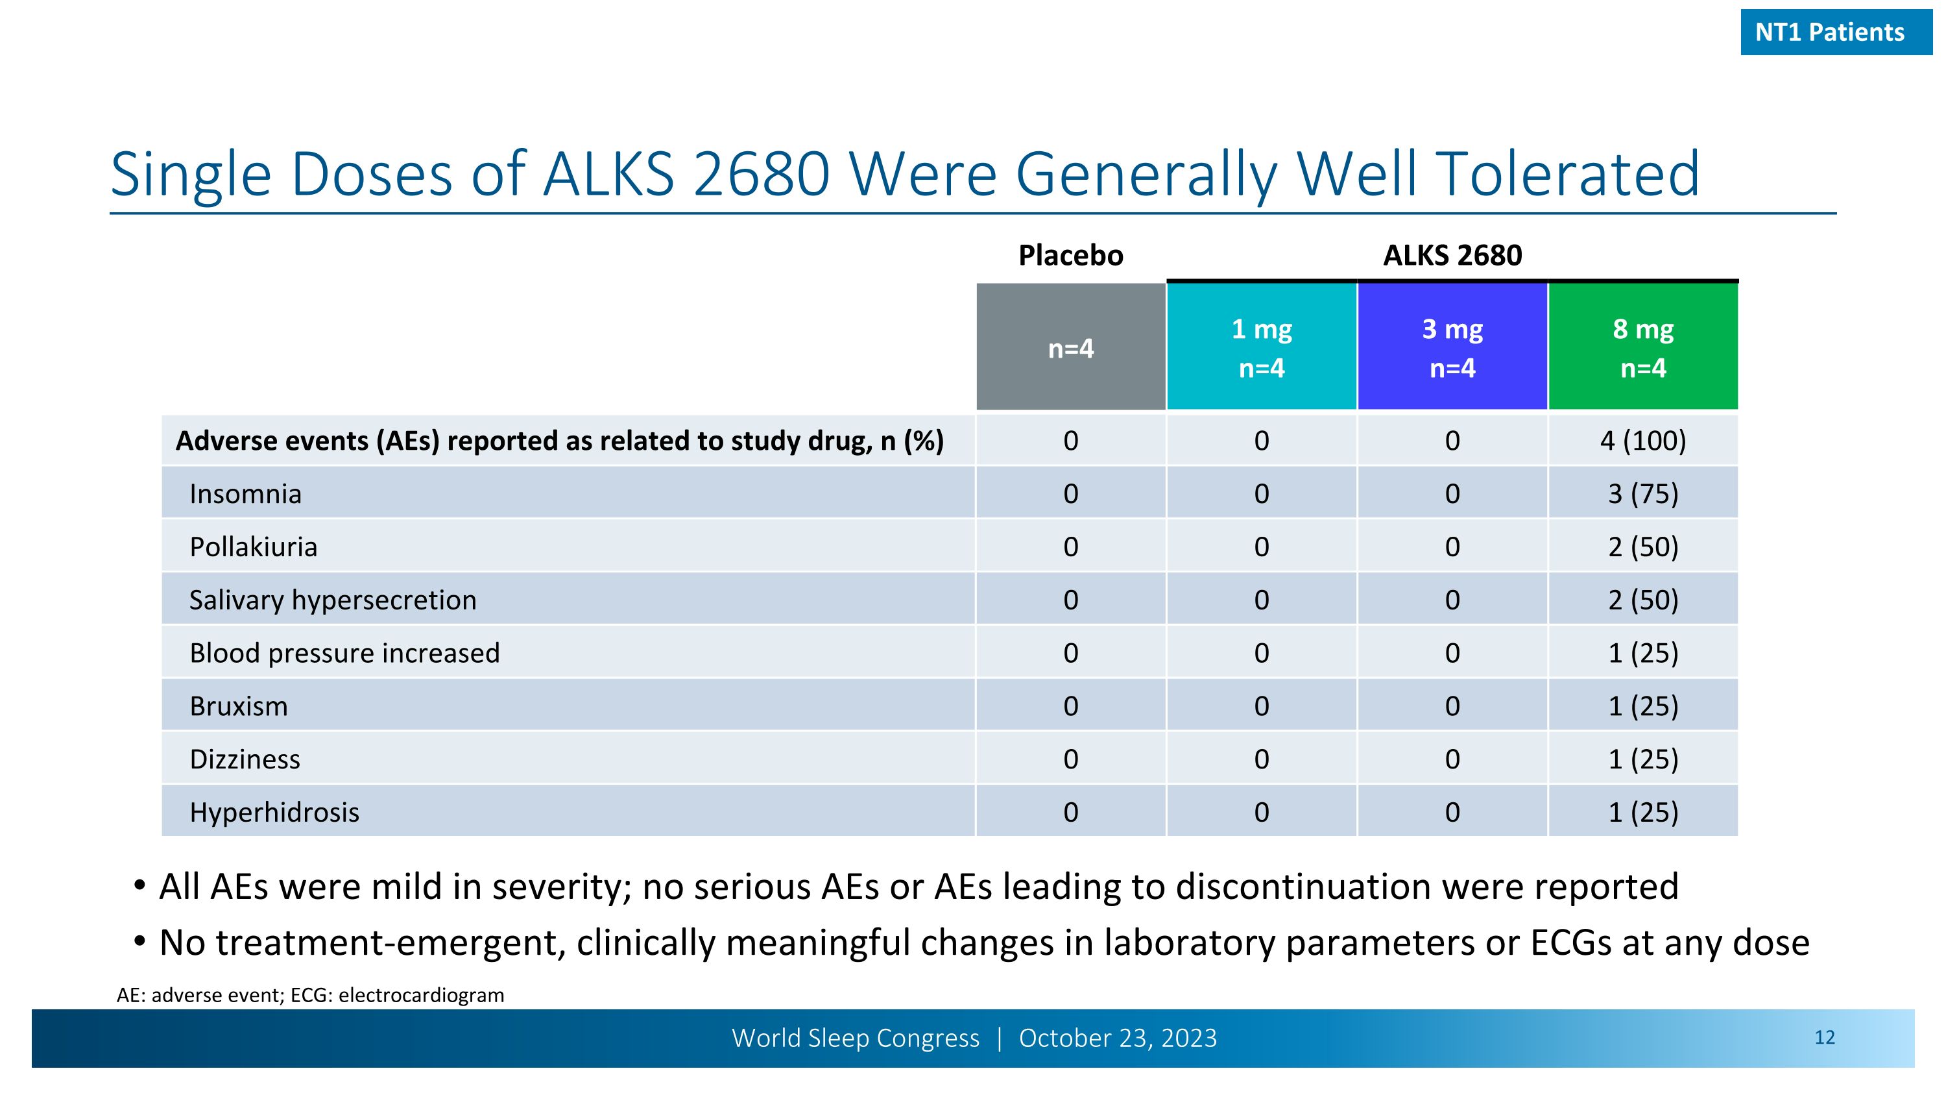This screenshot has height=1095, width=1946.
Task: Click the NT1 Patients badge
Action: [1836, 32]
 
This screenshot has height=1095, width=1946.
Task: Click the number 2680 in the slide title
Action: [762, 175]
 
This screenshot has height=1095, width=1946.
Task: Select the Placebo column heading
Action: [1070, 256]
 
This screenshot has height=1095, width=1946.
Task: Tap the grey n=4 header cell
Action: [1070, 349]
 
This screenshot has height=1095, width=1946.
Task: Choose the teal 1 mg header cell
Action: [1262, 348]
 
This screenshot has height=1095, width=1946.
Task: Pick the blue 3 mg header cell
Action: [1452, 348]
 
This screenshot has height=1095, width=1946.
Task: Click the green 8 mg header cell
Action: [1643, 348]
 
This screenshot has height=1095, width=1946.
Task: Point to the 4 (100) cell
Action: [1643, 441]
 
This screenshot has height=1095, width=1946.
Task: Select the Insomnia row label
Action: [245, 494]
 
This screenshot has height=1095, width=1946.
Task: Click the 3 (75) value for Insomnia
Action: [1643, 494]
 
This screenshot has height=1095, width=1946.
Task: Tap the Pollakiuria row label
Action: [253, 547]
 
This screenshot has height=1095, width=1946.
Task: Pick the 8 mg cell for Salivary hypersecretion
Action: [1643, 600]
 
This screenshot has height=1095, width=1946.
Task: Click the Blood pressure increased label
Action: [344, 653]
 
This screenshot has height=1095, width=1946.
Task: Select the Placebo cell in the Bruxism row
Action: [1070, 706]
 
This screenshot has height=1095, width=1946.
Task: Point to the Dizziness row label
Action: [245, 759]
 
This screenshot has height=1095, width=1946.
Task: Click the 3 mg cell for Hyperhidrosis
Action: [1452, 813]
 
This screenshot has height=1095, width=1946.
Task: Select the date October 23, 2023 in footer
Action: [1118, 1039]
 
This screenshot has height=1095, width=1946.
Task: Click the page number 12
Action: [1824, 1038]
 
